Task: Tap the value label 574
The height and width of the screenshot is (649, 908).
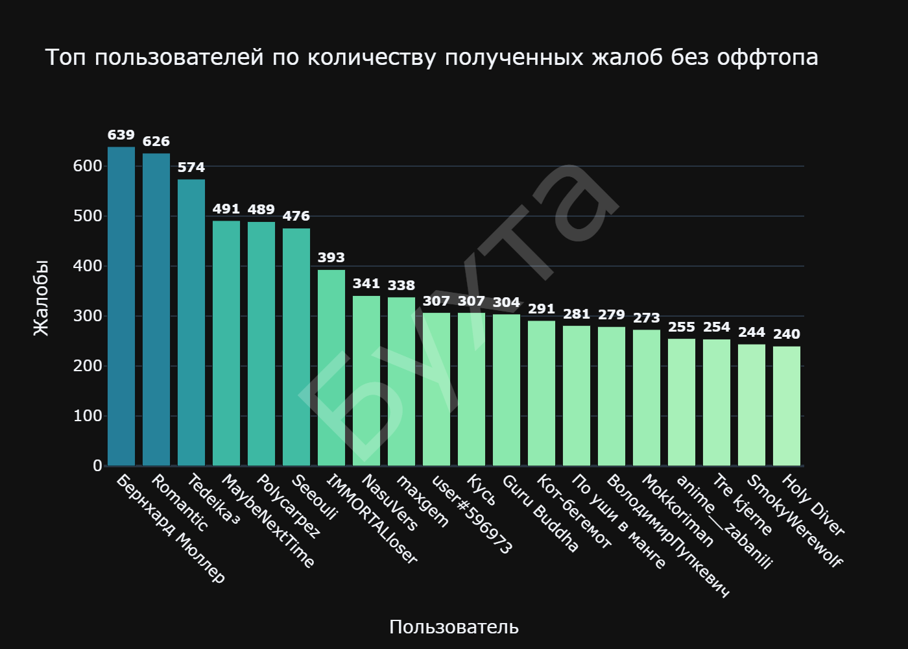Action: click(x=191, y=167)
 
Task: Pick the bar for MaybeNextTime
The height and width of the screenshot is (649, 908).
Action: click(x=226, y=343)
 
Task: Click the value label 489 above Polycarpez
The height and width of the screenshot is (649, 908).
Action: click(x=261, y=210)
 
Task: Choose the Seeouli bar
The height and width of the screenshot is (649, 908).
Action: click(x=296, y=347)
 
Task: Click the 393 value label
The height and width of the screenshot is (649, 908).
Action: click(x=331, y=258)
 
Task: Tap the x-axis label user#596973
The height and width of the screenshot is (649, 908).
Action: click(x=472, y=515)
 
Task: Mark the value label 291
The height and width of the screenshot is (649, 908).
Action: click(x=542, y=309)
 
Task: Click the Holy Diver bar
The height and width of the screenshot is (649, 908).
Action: click(x=787, y=406)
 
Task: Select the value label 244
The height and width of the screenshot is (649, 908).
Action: click(x=752, y=332)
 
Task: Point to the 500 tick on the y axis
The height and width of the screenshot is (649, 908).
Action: click(x=88, y=216)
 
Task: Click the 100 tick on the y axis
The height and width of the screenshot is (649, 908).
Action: click(x=88, y=416)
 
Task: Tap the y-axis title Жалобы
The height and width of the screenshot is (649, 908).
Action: click(x=40, y=298)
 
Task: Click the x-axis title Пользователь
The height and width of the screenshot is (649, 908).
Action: click(x=454, y=627)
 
